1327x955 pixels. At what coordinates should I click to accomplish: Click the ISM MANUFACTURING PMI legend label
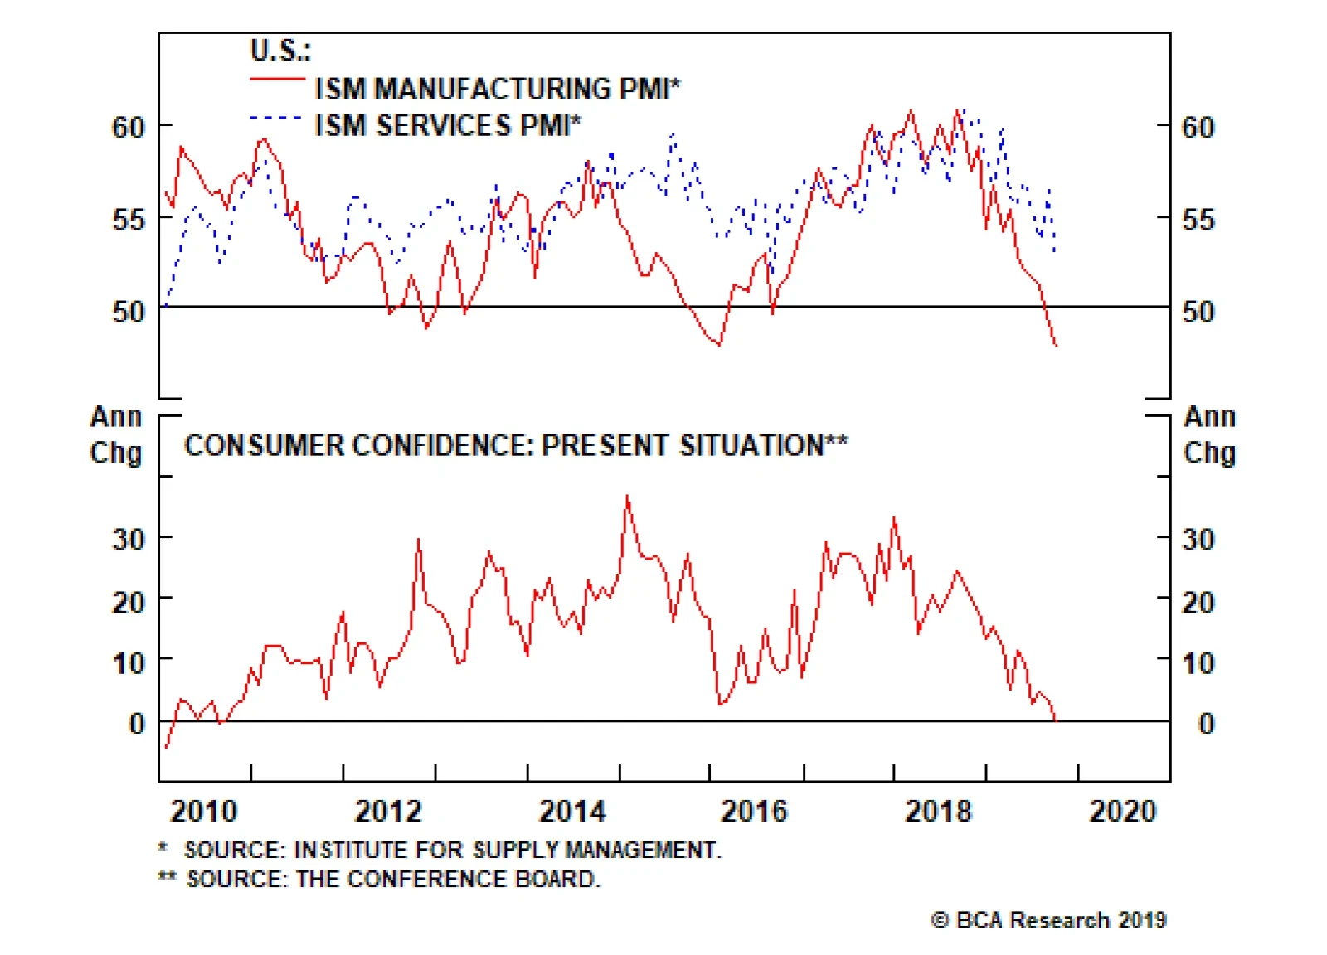pos(497,88)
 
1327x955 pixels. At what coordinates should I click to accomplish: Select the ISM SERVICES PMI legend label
pos(448,125)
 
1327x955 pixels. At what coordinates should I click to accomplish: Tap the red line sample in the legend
pos(277,80)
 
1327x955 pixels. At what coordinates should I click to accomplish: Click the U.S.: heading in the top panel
pos(279,51)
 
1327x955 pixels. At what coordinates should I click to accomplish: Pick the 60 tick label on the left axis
pos(129,127)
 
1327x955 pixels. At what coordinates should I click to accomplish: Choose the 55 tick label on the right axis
pos(1198,220)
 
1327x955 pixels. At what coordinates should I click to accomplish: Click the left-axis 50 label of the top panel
pos(129,312)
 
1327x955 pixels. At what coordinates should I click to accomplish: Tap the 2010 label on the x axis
pos(203,811)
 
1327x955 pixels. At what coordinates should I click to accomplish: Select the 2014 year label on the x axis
pos(572,811)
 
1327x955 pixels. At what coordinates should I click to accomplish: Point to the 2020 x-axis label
pos(1122,811)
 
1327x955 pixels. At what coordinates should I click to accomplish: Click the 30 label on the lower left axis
pos(129,540)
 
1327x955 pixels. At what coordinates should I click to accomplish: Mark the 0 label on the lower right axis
pos(1206,724)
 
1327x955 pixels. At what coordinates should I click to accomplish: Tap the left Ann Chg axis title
pos(116,434)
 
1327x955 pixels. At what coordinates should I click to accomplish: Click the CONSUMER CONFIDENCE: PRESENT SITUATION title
pos(515,445)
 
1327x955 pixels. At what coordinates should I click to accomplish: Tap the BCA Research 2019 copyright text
pos(1048,920)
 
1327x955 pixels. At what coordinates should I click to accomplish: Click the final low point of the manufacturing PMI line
pos(1056,345)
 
